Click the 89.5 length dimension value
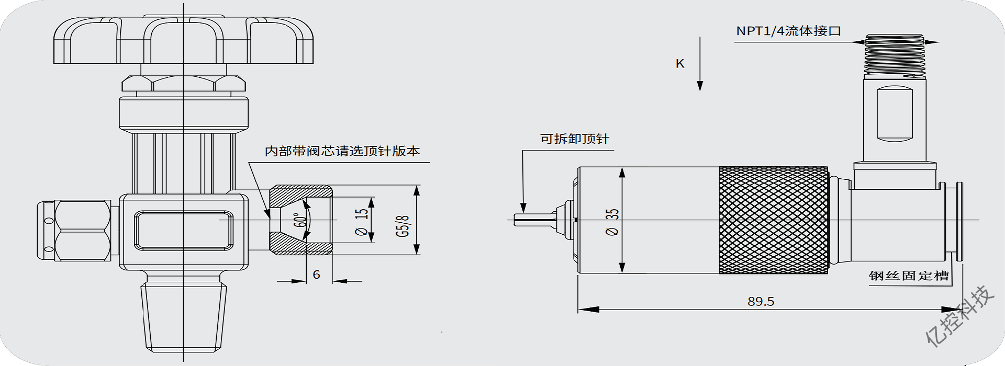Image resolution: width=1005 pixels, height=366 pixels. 761,301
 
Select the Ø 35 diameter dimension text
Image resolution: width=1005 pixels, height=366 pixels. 612,222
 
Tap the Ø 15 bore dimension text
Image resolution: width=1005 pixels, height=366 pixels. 361,221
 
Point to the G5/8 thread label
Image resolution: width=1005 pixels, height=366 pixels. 403,226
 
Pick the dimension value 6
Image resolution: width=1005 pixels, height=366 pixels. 316,274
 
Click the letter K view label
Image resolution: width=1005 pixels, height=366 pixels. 680,64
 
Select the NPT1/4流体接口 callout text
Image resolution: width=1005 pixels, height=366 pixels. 788,31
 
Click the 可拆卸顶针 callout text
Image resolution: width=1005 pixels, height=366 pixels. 575,139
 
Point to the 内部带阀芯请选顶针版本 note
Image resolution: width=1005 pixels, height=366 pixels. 342,151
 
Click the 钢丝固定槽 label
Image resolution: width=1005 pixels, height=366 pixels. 909,276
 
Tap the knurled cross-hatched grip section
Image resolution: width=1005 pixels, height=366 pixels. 774,220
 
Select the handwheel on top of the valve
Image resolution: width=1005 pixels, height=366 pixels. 183,42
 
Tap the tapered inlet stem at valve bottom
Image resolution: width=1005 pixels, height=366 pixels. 184,314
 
